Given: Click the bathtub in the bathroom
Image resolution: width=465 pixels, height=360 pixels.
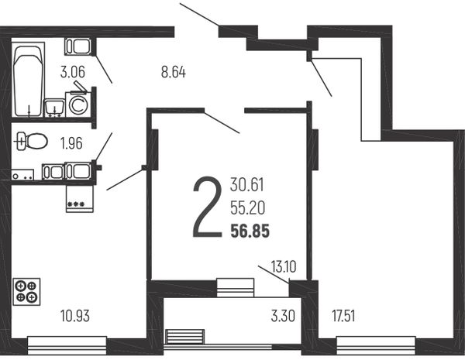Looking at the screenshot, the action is point(29,80).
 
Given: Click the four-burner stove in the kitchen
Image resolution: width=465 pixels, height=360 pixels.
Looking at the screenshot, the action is point(26,292).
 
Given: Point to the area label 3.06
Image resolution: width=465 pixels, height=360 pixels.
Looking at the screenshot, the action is point(73,72).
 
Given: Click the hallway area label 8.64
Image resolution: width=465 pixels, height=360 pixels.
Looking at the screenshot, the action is point(174,72).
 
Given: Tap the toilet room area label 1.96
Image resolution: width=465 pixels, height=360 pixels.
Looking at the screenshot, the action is point(71,143).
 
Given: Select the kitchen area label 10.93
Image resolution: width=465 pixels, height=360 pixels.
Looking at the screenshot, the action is point(75,316).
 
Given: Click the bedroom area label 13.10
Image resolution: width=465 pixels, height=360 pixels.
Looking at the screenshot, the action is point(284,266).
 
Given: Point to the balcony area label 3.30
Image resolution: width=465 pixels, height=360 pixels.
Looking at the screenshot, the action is point(283,316).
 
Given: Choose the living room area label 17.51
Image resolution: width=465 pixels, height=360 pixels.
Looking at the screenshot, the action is point(343,316).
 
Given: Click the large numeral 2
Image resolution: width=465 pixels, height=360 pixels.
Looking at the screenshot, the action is point(207,207).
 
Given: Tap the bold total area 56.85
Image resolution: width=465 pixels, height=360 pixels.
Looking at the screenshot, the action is point(250,231).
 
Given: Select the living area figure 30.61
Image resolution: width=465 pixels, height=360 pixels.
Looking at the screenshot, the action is point(247,185).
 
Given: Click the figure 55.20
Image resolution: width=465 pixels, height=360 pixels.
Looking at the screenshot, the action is point(248,208).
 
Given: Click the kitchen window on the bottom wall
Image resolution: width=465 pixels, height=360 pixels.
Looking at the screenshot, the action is point(67,345).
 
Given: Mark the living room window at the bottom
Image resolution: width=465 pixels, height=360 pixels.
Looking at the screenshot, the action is point(376,345).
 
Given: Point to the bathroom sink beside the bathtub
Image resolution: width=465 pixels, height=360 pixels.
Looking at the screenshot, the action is point(54,108).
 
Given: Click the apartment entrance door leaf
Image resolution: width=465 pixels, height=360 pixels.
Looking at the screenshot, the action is point(199,14).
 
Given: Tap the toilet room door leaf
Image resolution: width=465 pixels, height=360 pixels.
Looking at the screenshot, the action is point(104,147).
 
